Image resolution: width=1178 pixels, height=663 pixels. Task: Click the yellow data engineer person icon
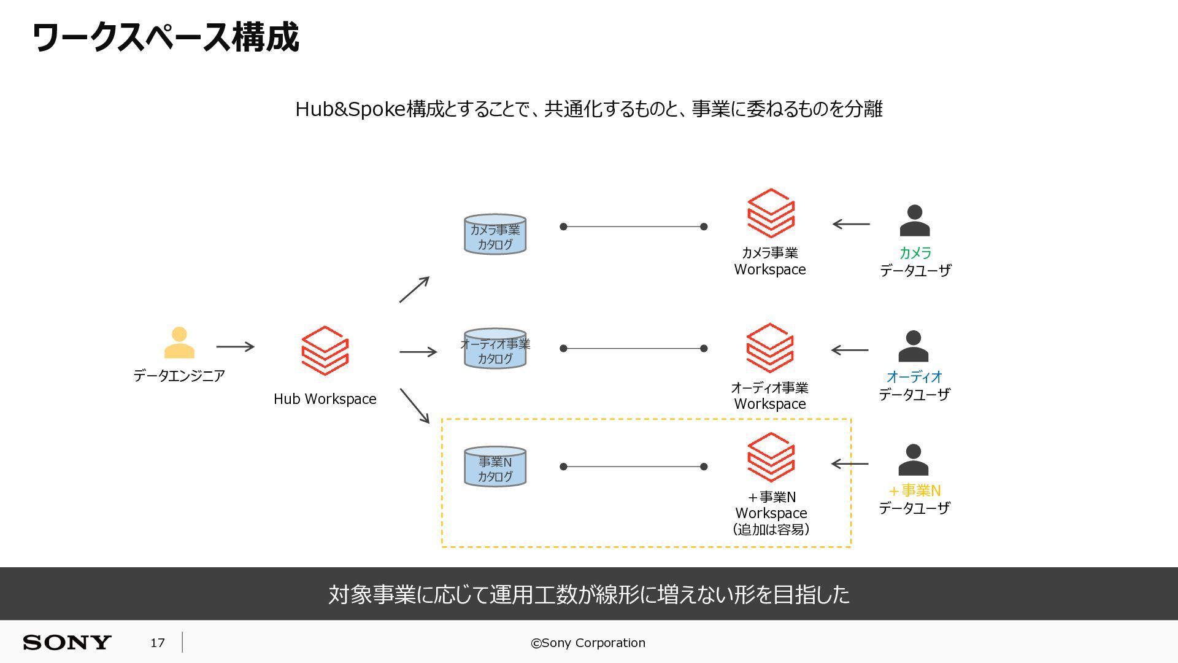pos(179,343)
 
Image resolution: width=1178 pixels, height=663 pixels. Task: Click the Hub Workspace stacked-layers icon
pos(325,351)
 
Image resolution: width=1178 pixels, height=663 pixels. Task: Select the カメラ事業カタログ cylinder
pos(495,235)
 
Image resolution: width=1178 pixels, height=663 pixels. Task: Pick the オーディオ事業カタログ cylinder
pos(495,349)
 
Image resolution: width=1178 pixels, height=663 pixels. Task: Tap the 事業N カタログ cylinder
pos(495,467)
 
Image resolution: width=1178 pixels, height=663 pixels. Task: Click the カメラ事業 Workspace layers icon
pos(771,213)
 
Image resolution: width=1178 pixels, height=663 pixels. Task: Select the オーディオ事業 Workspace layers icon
pos(770,348)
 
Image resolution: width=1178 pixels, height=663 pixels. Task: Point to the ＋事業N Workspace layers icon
pos(771,457)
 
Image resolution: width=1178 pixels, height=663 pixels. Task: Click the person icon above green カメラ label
pos(915,220)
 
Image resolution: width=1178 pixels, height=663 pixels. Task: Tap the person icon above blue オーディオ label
pos(914,346)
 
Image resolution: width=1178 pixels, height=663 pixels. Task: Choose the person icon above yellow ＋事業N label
pos(914,460)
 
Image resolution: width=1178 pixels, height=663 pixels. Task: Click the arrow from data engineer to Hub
pos(235,347)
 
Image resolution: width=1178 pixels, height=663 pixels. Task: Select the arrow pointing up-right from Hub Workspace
pos(414,290)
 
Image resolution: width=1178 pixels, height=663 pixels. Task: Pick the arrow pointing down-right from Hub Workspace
pos(415,406)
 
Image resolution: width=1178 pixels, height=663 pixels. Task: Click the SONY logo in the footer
pos(67,643)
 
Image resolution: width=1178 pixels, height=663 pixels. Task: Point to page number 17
pos(158,643)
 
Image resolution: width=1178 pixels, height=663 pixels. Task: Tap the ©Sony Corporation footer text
pos(588,643)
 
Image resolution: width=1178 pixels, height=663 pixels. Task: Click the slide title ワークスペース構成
pos(166,37)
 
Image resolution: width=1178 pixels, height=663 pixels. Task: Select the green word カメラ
pos(915,253)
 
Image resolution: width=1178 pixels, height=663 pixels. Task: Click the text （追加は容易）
pos(771,529)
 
